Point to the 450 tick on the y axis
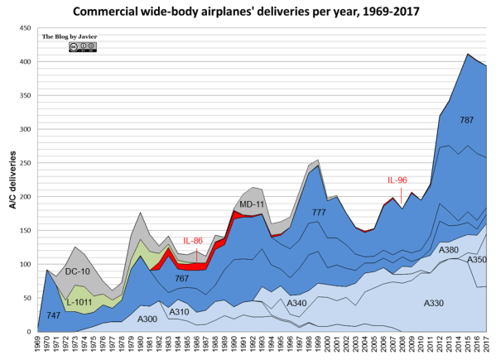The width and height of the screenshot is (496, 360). click(27, 28)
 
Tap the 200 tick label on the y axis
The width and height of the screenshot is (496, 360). click(27, 197)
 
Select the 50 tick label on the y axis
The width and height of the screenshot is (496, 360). click(30, 298)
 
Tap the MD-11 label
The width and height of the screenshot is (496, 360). click(251, 204)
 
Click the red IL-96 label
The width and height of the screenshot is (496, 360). click(397, 180)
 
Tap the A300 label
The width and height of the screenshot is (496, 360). click(147, 319)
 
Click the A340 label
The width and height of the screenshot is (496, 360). click(298, 303)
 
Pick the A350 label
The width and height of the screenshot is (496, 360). click(476, 260)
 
